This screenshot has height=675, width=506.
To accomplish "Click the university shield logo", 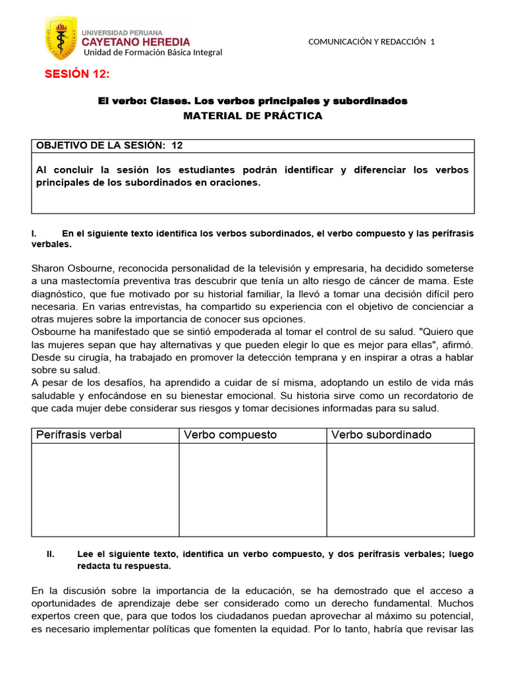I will coord(61,38).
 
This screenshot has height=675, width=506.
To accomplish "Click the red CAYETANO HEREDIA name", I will coord(136,42).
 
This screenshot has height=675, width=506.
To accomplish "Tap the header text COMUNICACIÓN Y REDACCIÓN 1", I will coord(372,42).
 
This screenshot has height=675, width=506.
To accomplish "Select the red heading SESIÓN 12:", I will coord(76,74).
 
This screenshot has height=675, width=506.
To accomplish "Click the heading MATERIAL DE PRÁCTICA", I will coord(252,116).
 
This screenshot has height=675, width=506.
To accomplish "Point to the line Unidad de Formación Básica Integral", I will coord(152,53).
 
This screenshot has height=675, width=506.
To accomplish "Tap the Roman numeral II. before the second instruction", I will coord(51,554).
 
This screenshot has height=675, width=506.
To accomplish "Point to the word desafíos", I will coord(109,383).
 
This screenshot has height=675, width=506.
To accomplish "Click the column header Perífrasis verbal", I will coord(79,435).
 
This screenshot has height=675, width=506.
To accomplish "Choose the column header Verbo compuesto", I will coord(230,435).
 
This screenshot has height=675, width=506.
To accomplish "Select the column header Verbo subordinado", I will coord(381,435).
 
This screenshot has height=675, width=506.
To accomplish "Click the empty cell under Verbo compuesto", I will coord(252,489).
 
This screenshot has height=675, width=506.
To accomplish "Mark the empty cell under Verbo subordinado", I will coord(400,489).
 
